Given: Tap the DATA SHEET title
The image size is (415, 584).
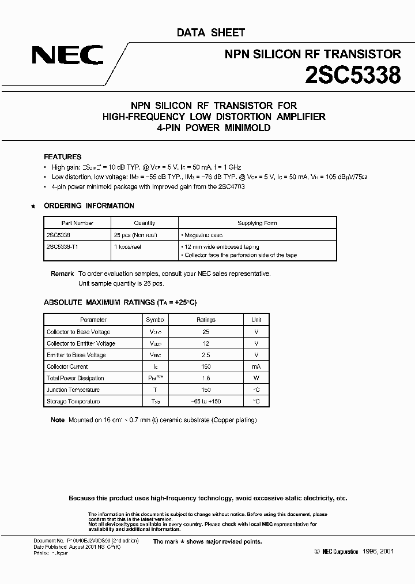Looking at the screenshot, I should coord(211,33).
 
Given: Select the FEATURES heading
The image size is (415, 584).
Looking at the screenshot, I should coord(63,157).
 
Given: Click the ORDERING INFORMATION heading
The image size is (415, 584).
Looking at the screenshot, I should coord(89,206).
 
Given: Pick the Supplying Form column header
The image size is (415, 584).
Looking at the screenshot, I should coord(258,223).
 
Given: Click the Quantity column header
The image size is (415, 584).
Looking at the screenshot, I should coord(145,223).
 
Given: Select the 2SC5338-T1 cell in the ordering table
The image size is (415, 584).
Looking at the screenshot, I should coord(65,245).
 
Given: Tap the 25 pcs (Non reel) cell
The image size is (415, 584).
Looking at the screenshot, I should coord(135,235).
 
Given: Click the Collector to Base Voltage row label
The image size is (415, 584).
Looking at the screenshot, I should coord(78,332).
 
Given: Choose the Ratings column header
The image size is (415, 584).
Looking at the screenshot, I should coord(206,320).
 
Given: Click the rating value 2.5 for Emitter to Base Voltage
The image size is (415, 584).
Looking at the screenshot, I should coord(206,355).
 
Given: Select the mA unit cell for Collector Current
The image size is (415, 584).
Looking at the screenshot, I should coord(256,366).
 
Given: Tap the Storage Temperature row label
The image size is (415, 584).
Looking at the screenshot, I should coord(73,402).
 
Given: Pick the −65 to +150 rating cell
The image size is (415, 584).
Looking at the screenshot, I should coord(206,402).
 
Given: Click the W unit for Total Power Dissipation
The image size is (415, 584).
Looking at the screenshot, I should coord(256,378).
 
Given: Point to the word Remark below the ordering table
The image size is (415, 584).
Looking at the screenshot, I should coord(62,274).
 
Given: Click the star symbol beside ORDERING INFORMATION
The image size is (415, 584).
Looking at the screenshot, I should coord(33,206).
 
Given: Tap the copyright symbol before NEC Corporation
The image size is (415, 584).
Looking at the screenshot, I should coord(318,552).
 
